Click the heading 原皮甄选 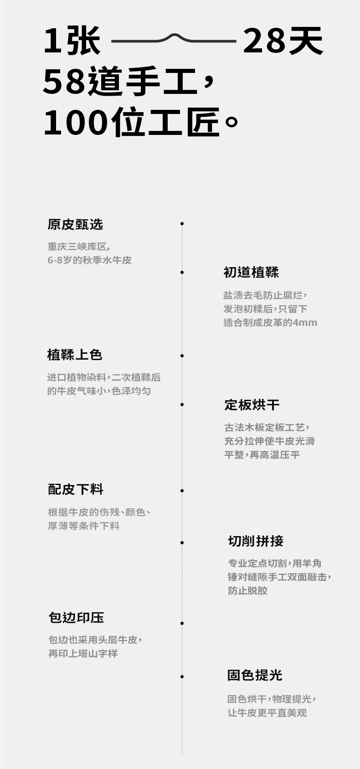(75, 224)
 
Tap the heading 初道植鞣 (251, 273)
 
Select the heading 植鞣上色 (75, 355)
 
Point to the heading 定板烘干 (252, 405)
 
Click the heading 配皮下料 (76, 490)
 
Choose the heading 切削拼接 (256, 541)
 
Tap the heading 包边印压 (76, 618)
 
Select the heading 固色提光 (255, 675)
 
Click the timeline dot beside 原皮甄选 (182, 223)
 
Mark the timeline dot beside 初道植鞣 (182, 272)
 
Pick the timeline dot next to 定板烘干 (182, 404)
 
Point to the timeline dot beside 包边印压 (182, 623)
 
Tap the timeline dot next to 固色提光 (182, 676)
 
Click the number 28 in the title (263, 41)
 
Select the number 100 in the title (76, 122)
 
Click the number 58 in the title (64, 82)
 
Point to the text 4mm (305, 323)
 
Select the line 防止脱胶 (247, 591)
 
